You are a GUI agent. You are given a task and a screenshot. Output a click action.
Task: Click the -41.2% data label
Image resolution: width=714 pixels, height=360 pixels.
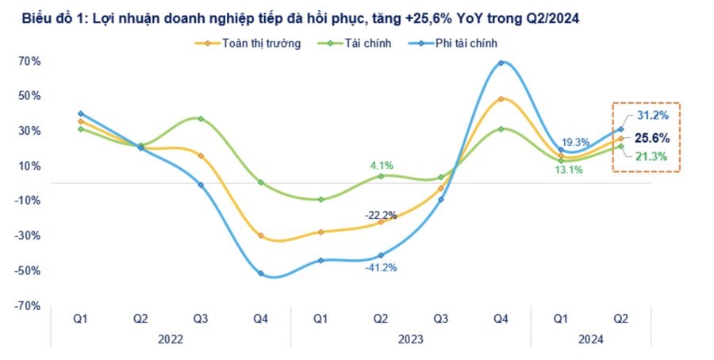point(381,267)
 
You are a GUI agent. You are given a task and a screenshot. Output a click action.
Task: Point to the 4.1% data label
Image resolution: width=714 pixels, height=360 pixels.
point(382,165)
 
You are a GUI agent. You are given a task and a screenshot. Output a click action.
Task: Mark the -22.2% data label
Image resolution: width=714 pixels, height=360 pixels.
point(381,215)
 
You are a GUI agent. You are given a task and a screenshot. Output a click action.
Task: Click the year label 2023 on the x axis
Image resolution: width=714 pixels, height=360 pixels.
point(411,339)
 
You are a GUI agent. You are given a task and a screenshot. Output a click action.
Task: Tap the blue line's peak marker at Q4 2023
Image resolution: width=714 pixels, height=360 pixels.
point(501,63)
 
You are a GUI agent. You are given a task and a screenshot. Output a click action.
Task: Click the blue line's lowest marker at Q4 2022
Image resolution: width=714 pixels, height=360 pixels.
point(261,274)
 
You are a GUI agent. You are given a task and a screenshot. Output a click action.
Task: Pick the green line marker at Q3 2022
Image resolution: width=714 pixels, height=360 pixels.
point(201,119)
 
